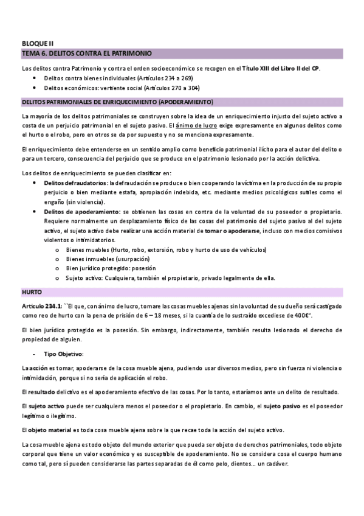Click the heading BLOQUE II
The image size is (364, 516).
pos(38,43)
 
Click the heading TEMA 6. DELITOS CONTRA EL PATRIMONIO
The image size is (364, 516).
pos(86,54)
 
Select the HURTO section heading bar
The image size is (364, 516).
pos(32,292)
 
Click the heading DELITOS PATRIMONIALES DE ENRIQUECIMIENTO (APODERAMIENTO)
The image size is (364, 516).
pos(117,101)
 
